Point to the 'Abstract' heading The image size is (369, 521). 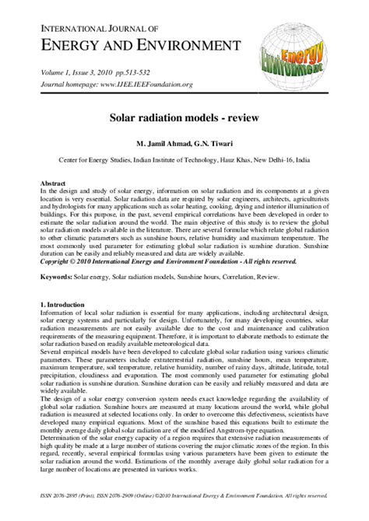[53, 184]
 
